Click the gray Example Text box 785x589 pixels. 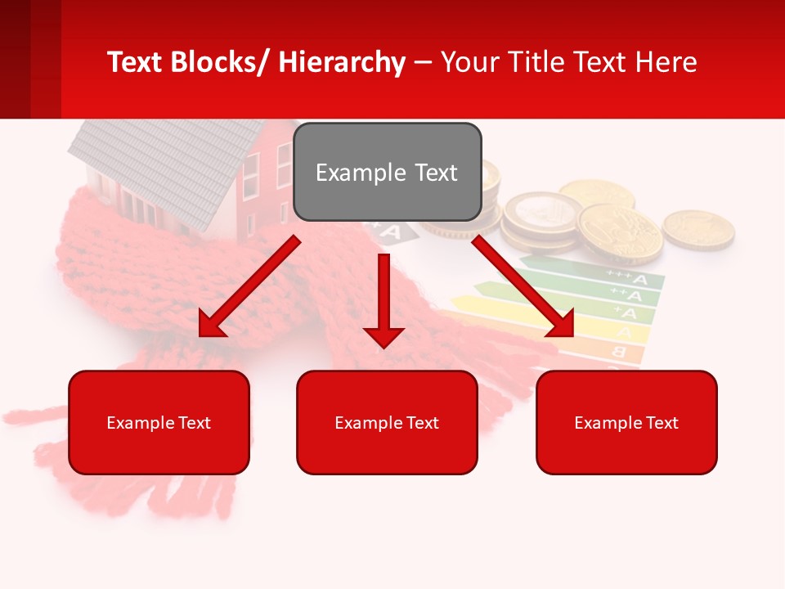[x=387, y=172]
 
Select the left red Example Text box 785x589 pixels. [x=159, y=422]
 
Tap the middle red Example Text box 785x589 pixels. [x=387, y=422]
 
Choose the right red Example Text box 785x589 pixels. [x=626, y=422]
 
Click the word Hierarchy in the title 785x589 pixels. [x=342, y=62]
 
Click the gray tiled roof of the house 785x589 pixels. [x=155, y=164]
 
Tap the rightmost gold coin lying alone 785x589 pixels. [x=698, y=228]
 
